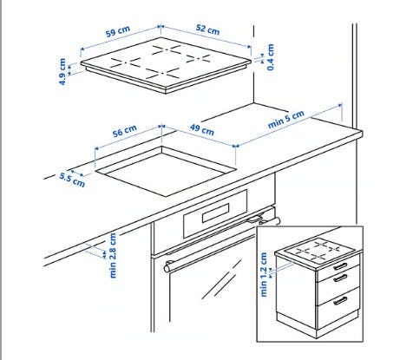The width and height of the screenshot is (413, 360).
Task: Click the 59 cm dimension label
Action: (118, 31)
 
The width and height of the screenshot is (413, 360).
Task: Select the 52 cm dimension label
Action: (207, 29)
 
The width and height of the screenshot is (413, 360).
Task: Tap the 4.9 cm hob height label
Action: (62, 72)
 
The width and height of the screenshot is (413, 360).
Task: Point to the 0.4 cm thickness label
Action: (271, 57)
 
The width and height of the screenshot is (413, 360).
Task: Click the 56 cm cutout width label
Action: (125, 131)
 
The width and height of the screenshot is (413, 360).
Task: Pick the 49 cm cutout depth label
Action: (202, 129)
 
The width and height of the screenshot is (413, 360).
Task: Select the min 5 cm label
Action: (286, 120)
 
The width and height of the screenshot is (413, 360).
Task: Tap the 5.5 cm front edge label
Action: (72, 180)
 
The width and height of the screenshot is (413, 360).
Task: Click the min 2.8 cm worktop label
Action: (113, 256)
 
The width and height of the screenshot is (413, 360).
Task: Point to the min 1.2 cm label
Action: (264, 274)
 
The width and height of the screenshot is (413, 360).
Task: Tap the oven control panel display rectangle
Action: (216, 213)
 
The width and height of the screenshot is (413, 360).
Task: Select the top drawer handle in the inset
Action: (340, 266)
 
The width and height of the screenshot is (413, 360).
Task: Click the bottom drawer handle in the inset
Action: (340, 301)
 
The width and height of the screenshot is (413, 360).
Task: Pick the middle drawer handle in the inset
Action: (340, 278)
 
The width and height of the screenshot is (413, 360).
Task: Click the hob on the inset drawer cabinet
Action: (318, 251)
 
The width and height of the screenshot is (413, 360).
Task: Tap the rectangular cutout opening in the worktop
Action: (166, 171)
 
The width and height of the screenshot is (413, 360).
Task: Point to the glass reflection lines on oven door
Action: (222, 279)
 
